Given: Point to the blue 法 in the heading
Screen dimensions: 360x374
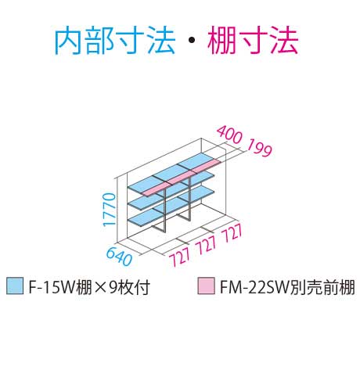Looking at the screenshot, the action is [161, 41].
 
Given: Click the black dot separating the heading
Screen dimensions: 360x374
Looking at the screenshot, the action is [192, 40].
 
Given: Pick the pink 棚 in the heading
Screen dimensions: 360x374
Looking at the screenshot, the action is [222, 41].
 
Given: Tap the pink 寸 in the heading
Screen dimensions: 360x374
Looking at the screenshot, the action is [253, 41].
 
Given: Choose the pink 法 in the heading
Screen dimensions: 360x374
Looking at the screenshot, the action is [283, 41].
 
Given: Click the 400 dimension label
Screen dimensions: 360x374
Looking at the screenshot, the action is [229, 135].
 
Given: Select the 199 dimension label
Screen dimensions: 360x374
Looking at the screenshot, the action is [259, 148].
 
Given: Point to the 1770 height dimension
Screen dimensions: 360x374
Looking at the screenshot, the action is [110, 210].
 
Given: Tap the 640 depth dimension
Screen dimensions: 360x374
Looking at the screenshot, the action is [119, 257].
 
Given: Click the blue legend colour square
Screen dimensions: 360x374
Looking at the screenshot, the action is [15, 286].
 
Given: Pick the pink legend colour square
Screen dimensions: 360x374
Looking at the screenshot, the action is [206, 286].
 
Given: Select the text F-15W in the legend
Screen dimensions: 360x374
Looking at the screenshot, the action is [51, 287].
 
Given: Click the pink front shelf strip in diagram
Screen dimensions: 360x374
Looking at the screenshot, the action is [182, 178].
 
